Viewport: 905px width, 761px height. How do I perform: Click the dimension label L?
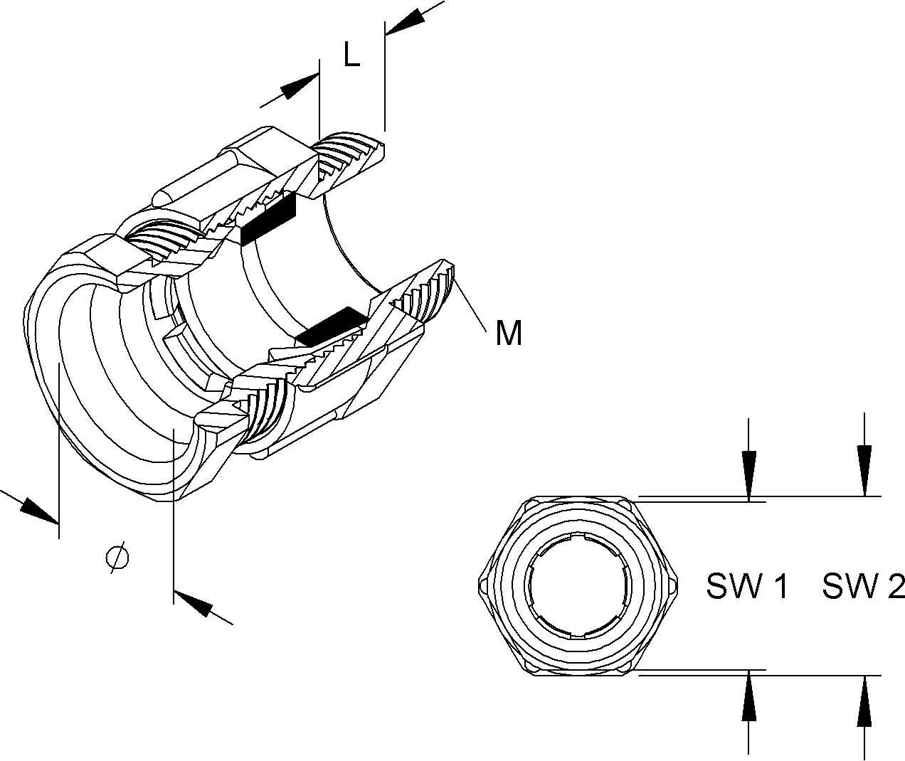pyautogui.click(x=351, y=54)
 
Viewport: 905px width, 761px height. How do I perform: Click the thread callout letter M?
pyautogui.click(x=509, y=332)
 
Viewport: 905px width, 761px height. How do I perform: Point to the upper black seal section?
pyautogui.click(x=268, y=219)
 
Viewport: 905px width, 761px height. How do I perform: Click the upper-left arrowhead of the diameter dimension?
pyautogui.click(x=38, y=510)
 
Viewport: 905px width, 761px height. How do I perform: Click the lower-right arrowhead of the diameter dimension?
pyautogui.click(x=194, y=603)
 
